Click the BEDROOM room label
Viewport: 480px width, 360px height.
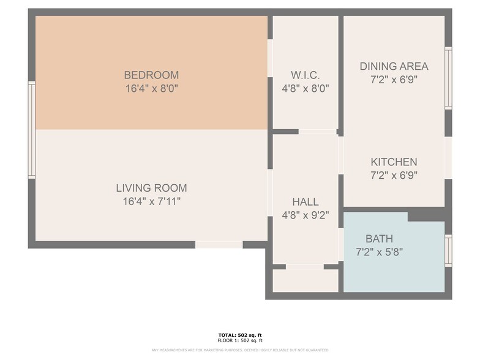[x=151, y=75]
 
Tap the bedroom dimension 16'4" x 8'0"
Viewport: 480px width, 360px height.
[x=151, y=88]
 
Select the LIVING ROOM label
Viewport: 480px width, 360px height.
[x=151, y=188]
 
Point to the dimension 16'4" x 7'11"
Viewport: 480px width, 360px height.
[x=151, y=201]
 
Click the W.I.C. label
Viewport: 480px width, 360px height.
[x=305, y=75]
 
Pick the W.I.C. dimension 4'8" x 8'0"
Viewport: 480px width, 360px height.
[x=305, y=88]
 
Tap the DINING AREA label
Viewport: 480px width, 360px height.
[x=394, y=66]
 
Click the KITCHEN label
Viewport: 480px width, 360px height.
[x=394, y=162]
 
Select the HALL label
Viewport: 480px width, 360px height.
[x=305, y=202]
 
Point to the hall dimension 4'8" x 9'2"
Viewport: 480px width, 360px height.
[x=305, y=215]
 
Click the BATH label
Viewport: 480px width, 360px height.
[x=379, y=239]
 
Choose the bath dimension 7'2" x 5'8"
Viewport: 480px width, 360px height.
[x=379, y=252]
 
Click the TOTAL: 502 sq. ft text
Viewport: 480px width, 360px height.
[x=240, y=335]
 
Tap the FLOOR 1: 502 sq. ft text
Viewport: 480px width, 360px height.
[x=240, y=340]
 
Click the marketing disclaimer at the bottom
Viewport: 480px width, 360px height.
[x=240, y=350]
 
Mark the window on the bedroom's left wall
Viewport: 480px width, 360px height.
[x=31, y=130]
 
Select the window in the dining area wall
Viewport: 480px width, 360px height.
[x=448, y=78]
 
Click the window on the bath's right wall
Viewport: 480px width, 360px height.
[x=448, y=251]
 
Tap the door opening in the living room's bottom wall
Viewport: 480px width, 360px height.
[x=219, y=245]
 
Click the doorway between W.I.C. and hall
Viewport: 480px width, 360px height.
[x=317, y=132]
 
